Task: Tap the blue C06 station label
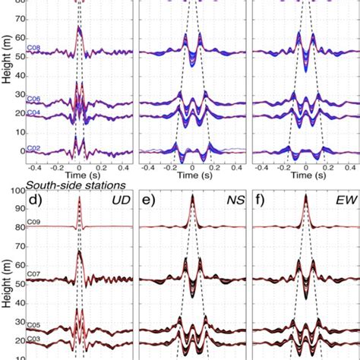click(x=33, y=99)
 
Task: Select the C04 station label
click(x=33, y=112)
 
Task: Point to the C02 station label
click(x=33, y=149)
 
